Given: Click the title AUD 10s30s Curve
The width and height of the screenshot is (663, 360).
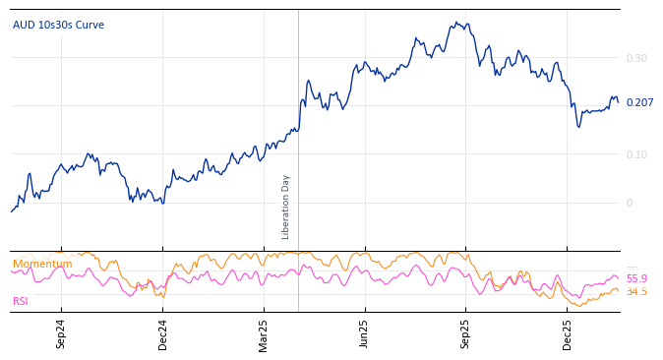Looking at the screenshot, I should tap(58, 25).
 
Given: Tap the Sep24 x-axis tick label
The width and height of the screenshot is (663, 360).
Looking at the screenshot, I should tap(61, 334).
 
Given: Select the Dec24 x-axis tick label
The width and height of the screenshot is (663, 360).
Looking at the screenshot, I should tap(162, 334).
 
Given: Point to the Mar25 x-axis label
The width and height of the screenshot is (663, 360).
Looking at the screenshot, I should tap(264, 334).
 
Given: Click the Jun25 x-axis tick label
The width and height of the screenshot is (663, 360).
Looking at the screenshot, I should tap(365, 334).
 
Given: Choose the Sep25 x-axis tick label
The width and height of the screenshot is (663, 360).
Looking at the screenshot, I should tap(466, 334).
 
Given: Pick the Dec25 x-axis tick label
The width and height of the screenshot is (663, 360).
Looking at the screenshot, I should tap(568, 334).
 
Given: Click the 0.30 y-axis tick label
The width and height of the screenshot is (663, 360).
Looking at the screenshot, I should tap(636, 58).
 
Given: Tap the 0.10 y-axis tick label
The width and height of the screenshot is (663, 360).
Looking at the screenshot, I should tap(636, 154).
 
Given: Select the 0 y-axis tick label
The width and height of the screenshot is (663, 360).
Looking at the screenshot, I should tap(630, 203).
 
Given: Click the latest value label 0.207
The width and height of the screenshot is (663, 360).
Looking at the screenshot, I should tap(639, 103).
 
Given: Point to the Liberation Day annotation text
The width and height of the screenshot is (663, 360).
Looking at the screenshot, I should tap(286, 207).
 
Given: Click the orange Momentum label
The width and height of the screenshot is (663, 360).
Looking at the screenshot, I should tap(42, 264).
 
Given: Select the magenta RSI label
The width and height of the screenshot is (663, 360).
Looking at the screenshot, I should tap(21, 301).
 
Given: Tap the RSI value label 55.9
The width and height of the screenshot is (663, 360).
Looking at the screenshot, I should tap(636, 278).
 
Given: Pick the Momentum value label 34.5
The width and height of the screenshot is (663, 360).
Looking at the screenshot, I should tap(636, 292).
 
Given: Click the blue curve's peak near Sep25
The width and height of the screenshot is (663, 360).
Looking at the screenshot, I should tap(463, 23).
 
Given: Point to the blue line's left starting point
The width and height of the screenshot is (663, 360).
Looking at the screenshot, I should tap(12, 211).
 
